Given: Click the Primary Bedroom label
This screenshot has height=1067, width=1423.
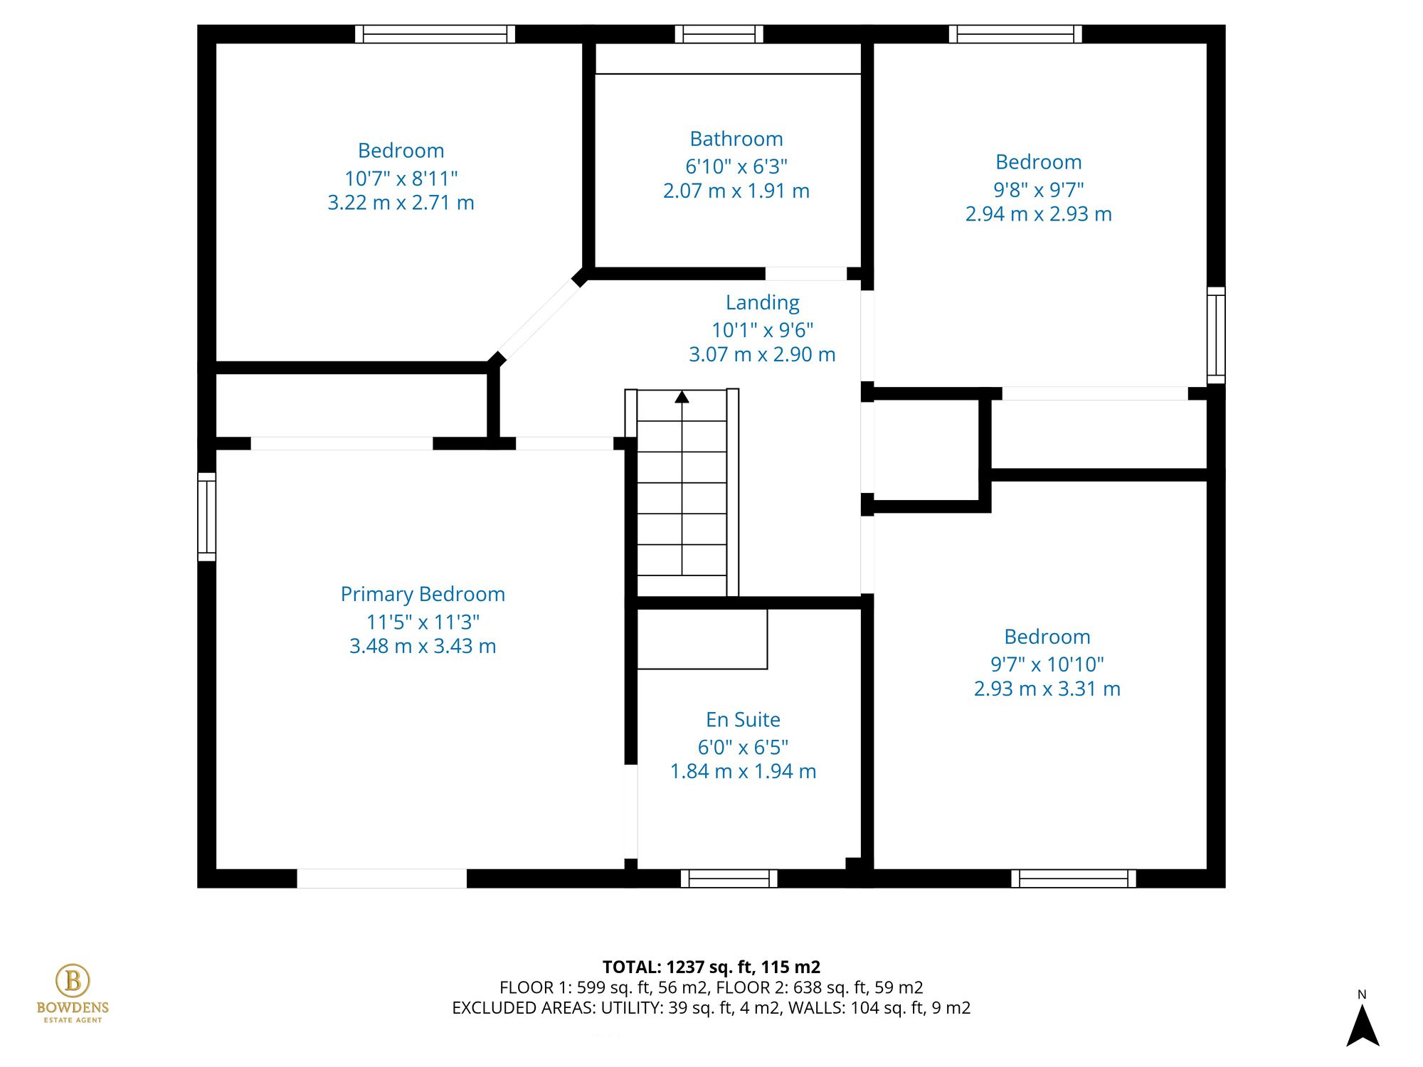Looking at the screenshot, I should click(x=423, y=594).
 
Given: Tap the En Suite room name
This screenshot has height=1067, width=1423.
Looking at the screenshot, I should click(x=743, y=720).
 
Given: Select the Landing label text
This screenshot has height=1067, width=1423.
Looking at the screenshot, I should click(x=762, y=303).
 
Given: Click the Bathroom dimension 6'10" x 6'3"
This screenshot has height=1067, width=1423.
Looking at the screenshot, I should click(x=736, y=166).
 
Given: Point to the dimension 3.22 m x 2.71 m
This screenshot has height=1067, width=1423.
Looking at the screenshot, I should click(x=401, y=203).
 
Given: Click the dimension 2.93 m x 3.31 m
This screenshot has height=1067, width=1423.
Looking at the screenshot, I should click(x=1047, y=689).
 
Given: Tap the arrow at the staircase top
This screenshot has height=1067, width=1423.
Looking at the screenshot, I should click(x=682, y=397).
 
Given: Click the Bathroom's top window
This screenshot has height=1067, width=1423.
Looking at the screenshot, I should click(x=719, y=34).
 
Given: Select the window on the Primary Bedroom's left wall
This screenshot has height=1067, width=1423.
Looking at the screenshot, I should click(x=206, y=516).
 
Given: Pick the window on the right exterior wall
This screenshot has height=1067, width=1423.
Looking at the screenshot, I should click(x=1216, y=335).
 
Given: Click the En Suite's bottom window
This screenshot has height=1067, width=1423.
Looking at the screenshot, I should click(x=729, y=878).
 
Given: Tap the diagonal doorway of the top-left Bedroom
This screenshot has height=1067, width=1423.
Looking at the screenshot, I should click(x=539, y=319).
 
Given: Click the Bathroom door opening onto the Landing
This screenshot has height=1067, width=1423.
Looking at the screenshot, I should click(x=805, y=274).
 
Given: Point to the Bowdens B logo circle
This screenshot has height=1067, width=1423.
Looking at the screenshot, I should click(x=73, y=981).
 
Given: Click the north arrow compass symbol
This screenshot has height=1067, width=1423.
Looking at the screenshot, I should click(x=1363, y=1024).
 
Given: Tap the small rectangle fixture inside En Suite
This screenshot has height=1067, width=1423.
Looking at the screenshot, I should click(x=702, y=639).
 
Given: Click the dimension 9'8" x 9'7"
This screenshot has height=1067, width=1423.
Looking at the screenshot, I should click(x=1038, y=190).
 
